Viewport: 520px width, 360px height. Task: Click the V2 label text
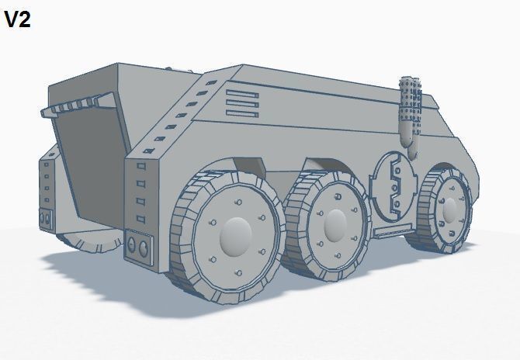(x=17, y=20)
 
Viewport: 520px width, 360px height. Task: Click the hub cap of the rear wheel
(x=236, y=235)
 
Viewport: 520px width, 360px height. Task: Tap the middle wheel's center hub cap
(x=335, y=223)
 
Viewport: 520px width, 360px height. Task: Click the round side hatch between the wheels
(x=395, y=188)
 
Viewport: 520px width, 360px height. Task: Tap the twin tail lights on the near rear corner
(x=137, y=247)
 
